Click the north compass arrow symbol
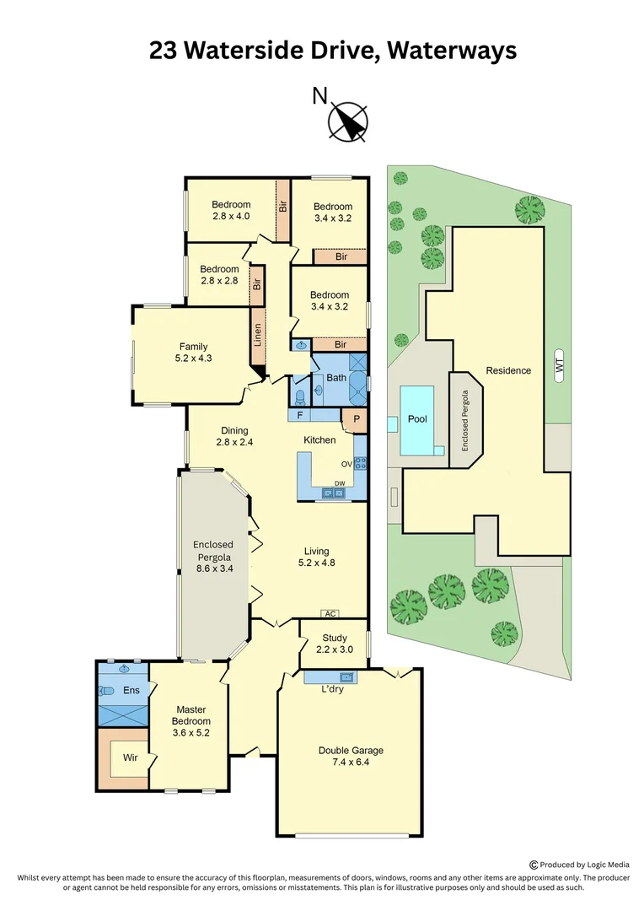click(348, 121)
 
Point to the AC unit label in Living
click(330, 613)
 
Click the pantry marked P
click(355, 418)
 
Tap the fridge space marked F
click(299, 415)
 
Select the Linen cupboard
click(257, 336)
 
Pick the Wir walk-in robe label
click(130, 757)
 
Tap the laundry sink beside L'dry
click(346, 677)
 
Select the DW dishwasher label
click(338, 483)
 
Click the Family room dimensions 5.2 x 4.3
click(192, 358)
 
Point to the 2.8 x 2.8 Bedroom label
click(218, 281)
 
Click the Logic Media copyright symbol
click(534, 864)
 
